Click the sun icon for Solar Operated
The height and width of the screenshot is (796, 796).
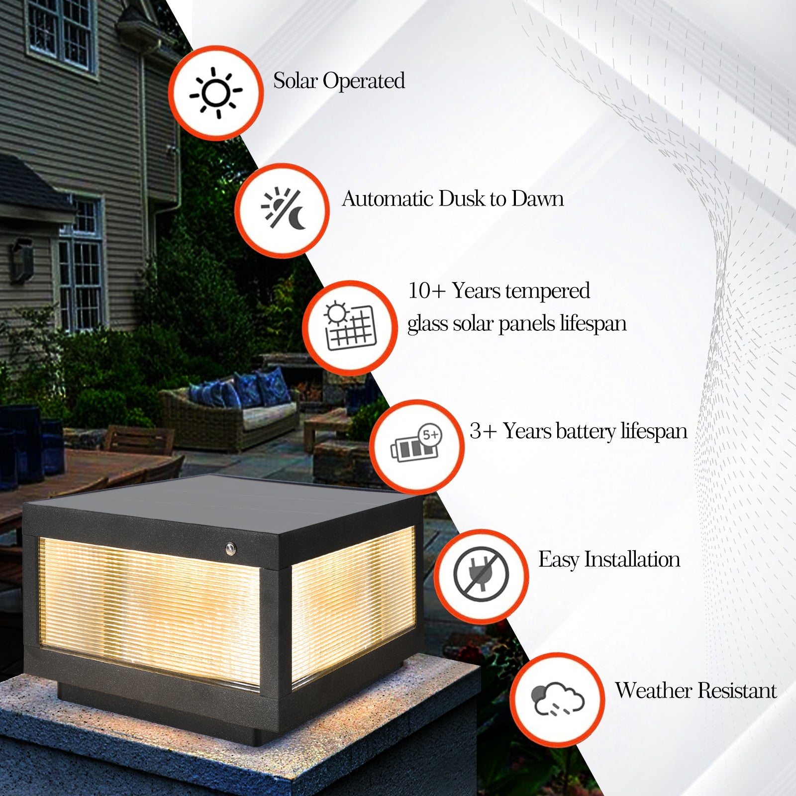(x=216, y=93)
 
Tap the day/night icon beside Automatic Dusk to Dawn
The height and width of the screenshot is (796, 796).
(x=283, y=210)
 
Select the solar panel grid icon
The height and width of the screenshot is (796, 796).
(x=350, y=326)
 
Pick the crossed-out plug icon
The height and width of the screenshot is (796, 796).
(x=481, y=576)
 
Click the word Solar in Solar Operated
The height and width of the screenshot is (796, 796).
(x=296, y=81)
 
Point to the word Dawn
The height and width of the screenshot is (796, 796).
(x=537, y=199)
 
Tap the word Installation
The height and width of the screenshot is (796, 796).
(x=632, y=560)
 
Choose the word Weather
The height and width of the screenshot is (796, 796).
(x=647, y=691)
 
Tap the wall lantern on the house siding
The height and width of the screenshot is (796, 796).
(x=22, y=259)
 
